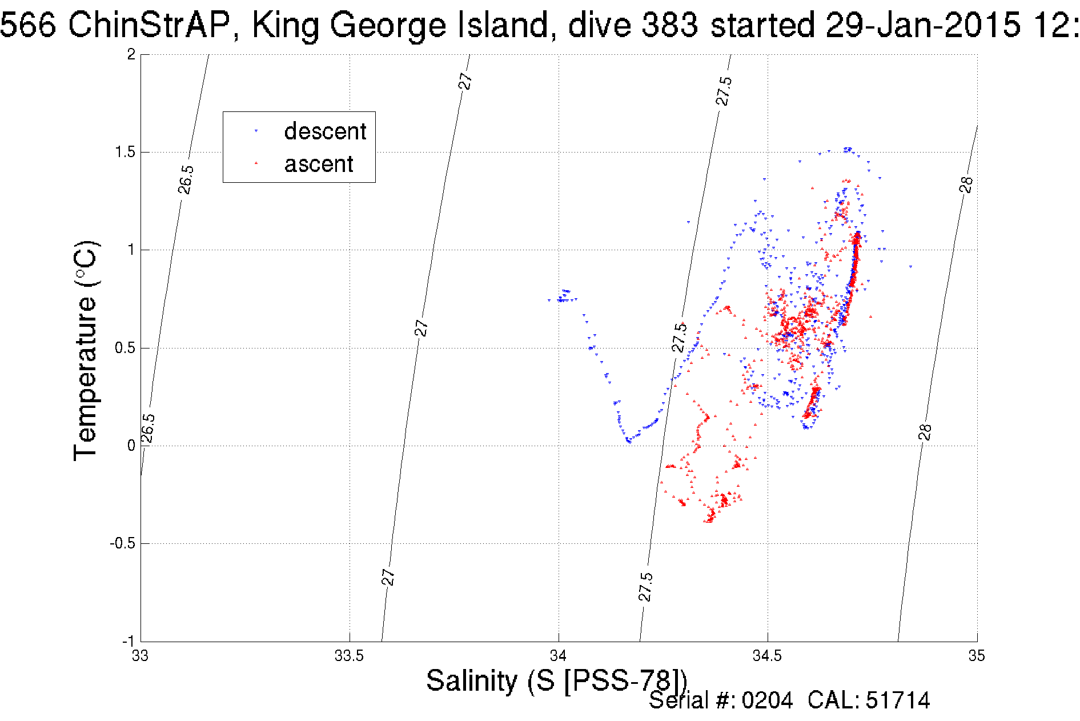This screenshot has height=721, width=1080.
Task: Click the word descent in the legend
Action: pos(325,131)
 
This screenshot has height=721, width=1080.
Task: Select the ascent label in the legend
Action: pos(319,164)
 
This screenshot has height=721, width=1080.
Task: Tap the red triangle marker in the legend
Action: pos(256,164)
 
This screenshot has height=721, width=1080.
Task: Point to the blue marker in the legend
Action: pos(256,131)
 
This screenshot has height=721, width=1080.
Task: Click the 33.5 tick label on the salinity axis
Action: pos(349,655)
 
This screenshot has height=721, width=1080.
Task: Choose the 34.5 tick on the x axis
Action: pos(767,655)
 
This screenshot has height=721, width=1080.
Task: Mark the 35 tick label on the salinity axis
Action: pos(977,655)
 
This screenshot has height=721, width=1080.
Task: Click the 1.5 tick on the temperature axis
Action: pos(125,152)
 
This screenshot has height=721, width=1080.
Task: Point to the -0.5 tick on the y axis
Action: pos(123,543)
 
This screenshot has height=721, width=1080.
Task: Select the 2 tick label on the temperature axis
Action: pos(131,54)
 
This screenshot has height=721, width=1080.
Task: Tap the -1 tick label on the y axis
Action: pos(128,641)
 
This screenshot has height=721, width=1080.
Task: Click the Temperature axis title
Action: pos(86,351)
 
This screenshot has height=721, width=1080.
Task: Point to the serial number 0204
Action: pos(767,700)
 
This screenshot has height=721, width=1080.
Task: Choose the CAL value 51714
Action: pos(898,700)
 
